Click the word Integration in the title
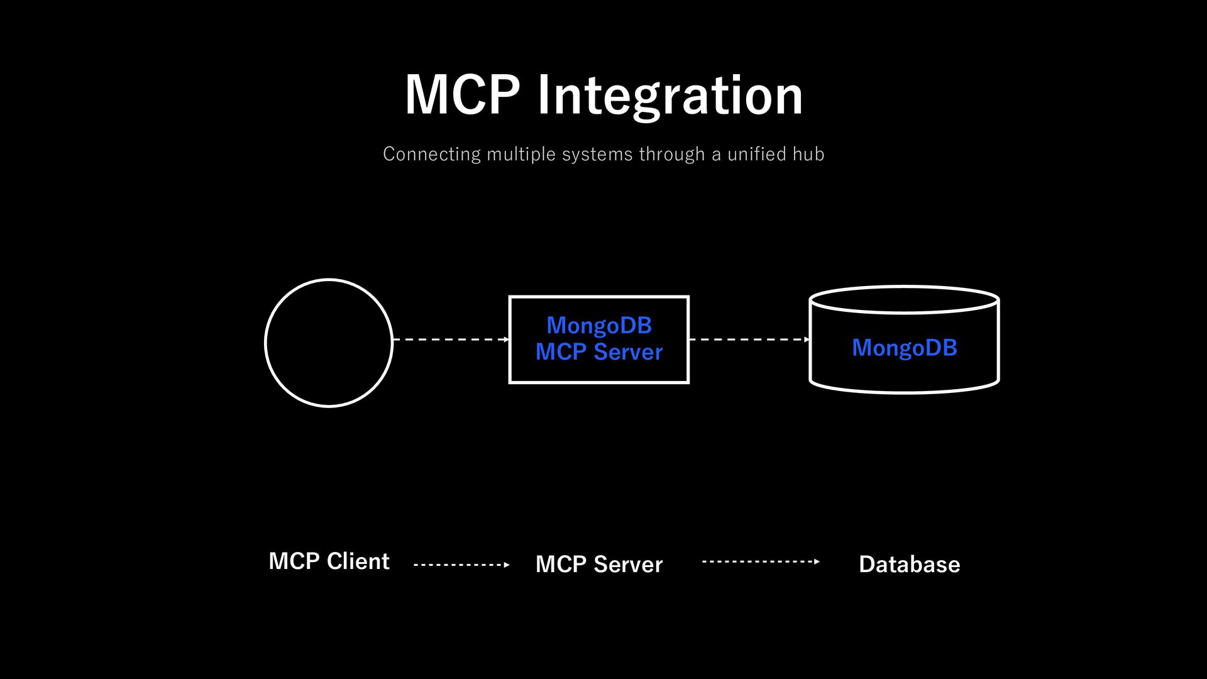point(670,96)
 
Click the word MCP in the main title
point(463,94)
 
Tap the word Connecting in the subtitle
point(432,155)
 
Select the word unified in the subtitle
point(757,154)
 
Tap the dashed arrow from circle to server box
point(451,339)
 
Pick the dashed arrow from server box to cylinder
point(750,339)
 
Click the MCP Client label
point(329,561)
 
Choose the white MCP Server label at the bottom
point(599,564)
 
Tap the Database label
point(909,564)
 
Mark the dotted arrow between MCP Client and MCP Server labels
point(461,565)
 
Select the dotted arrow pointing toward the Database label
point(761,561)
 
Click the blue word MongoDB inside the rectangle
point(599,326)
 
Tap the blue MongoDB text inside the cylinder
point(904,348)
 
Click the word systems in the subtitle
point(597,155)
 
